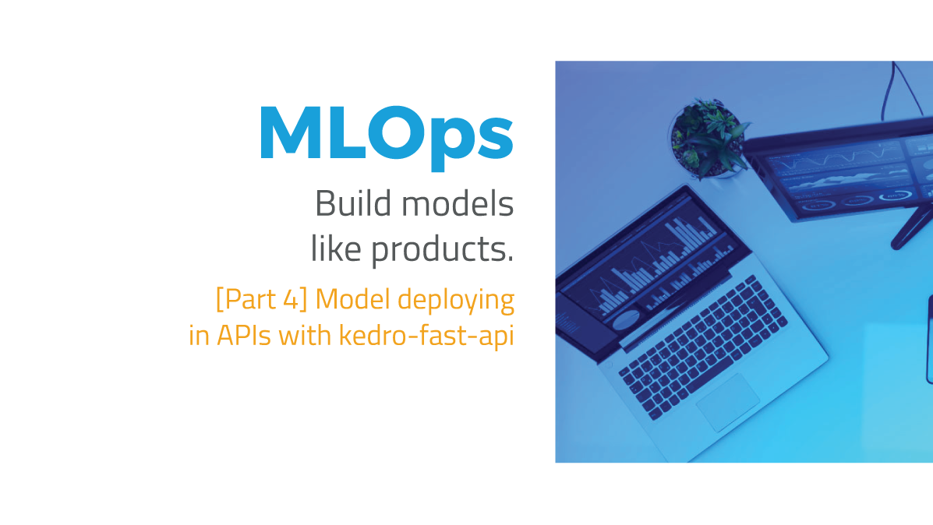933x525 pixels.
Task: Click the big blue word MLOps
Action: pos(386,135)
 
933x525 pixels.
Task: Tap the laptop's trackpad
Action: pos(727,401)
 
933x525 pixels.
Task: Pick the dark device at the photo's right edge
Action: pos(929,339)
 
